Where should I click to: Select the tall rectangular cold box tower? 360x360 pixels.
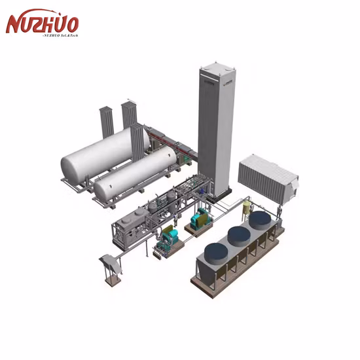pos(216,131)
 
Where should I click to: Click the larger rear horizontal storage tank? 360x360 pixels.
pos(98,153)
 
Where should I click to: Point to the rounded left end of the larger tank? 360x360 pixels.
pos(66,164)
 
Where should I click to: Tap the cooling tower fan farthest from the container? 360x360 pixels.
pos(215,251)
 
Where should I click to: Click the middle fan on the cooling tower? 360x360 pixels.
pos(238,235)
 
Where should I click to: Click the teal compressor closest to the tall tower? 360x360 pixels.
pos(200,218)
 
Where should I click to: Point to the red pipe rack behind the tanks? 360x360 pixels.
pos(164,141)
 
